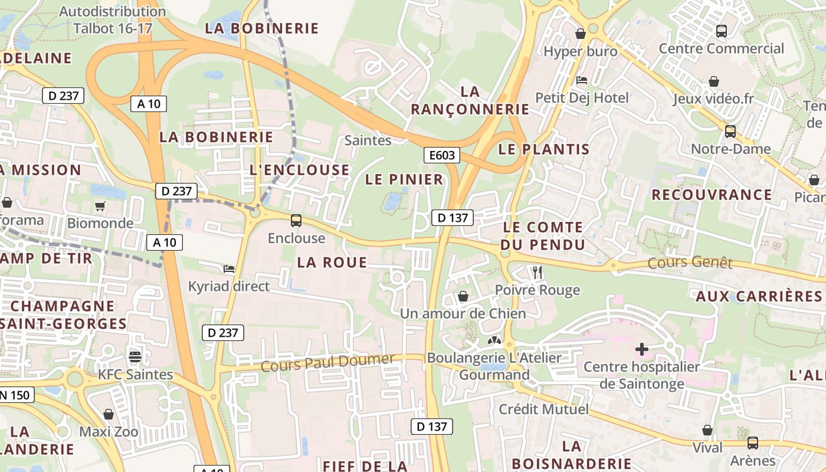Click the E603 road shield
[x=442, y=155]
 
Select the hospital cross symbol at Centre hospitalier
[x=642, y=349]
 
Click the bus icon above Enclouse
[x=296, y=221]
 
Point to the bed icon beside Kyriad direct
[x=229, y=269]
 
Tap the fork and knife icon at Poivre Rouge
[x=537, y=272]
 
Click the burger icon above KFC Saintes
[x=135, y=356]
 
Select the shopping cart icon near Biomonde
[x=100, y=206]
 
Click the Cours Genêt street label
[x=690, y=263]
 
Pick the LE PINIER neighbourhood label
[x=404, y=179]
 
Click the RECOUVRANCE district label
[x=712, y=195]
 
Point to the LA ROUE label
[x=332, y=263]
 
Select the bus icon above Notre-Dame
[x=730, y=131]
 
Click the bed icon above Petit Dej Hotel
[x=581, y=80]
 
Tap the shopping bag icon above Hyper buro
[x=581, y=34]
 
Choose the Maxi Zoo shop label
[x=109, y=431]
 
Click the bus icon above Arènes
[x=752, y=442]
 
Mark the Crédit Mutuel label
[x=543, y=409]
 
